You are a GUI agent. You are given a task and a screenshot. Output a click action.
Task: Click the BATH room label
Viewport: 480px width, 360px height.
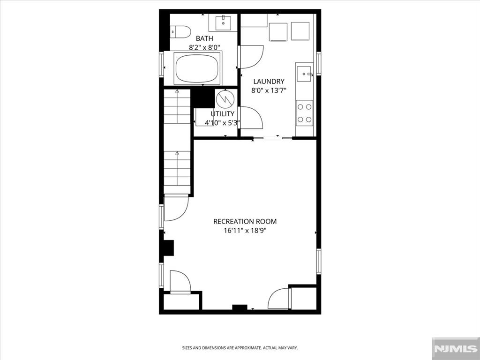pyautogui.click(x=204, y=38)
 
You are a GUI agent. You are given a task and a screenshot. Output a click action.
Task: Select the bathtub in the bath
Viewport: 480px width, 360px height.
pyautogui.click(x=197, y=68)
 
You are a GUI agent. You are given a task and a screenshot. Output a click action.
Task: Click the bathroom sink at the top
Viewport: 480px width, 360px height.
pyautogui.click(x=223, y=22)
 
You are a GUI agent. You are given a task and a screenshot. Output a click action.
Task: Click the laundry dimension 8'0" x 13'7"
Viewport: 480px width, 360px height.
pyautogui.click(x=269, y=90)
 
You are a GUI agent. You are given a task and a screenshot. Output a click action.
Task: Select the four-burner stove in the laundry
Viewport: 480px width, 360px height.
pyautogui.click(x=304, y=113)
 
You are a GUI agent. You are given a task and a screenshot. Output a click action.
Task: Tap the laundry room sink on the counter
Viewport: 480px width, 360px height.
pyautogui.click(x=305, y=74)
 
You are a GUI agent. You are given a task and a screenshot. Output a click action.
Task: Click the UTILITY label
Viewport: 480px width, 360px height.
pyautogui.click(x=222, y=114)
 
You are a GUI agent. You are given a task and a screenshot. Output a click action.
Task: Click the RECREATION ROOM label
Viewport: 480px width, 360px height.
pyautogui.click(x=245, y=221)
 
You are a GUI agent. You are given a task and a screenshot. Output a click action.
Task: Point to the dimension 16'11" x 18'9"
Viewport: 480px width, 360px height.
pyautogui.click(x=245, y=231)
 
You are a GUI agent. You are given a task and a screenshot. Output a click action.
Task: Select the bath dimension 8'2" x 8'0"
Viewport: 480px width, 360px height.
pyautogui.click(x=204, y=47)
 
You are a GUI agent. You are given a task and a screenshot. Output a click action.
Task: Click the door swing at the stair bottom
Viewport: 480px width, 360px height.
pyautogui.click(x=176, y=207)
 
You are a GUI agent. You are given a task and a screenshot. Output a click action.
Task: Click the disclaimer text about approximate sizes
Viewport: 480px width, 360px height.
pyautogui.click(x=240, y=348)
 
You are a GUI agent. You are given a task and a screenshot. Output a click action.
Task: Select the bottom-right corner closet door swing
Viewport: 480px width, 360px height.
pyautogui.click(x=279, y=299)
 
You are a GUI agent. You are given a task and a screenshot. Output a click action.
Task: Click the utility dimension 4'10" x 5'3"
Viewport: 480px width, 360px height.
pyautogui.click(x=222, y=123)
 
